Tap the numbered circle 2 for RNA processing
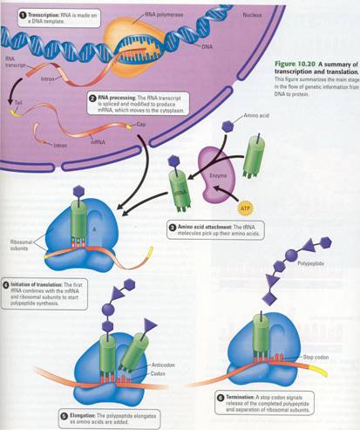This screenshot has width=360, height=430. [92, 99]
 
